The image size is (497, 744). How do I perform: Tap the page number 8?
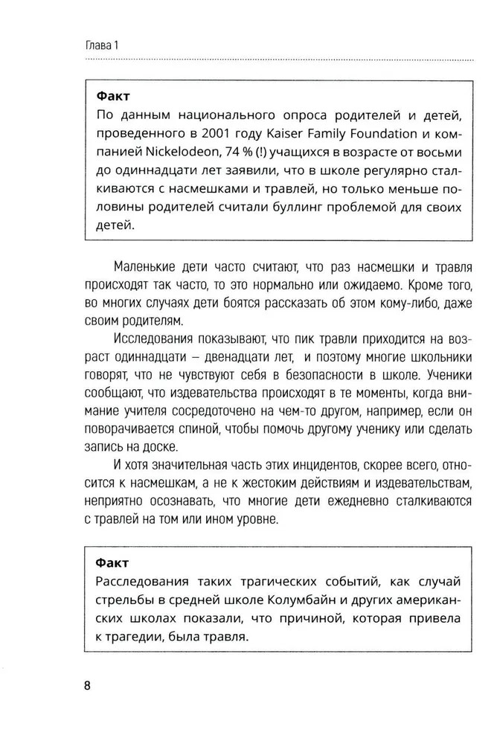86,686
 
